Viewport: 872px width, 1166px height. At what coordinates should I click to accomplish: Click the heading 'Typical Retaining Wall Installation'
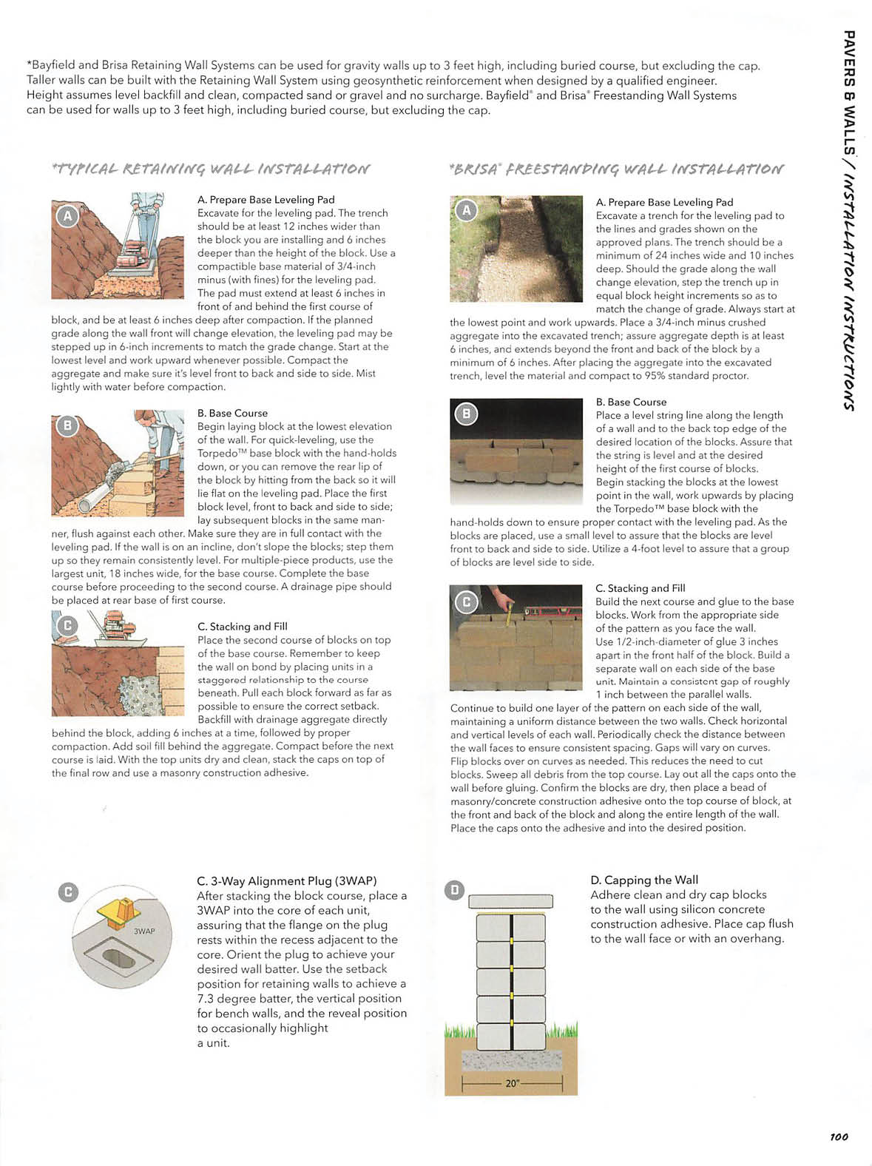[211, 169]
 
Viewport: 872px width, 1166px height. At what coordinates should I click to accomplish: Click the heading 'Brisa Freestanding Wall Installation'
[616, 169]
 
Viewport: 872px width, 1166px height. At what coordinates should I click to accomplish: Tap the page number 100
[838, 1136]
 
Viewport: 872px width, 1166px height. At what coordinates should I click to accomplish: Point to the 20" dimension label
[513, 1083]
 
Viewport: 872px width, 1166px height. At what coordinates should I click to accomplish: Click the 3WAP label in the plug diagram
[144, 931]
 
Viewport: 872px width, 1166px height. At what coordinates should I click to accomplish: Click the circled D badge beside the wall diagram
[455, 890]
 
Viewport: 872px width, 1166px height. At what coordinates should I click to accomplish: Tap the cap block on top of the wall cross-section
[510, 900]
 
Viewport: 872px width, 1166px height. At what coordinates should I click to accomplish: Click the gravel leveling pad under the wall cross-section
[510, 1060]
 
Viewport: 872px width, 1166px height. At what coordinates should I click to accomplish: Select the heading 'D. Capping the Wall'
[643, 880]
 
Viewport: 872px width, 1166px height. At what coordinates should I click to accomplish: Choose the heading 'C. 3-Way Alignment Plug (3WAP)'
[286, 880]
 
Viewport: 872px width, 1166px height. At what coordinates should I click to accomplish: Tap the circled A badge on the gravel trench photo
[466, 211]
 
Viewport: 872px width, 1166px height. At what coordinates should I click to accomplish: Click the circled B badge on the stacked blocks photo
[466, 414]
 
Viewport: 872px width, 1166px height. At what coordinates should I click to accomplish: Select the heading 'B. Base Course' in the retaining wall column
[232, 413]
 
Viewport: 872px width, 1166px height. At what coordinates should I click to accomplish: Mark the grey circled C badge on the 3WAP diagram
[68, 892]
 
